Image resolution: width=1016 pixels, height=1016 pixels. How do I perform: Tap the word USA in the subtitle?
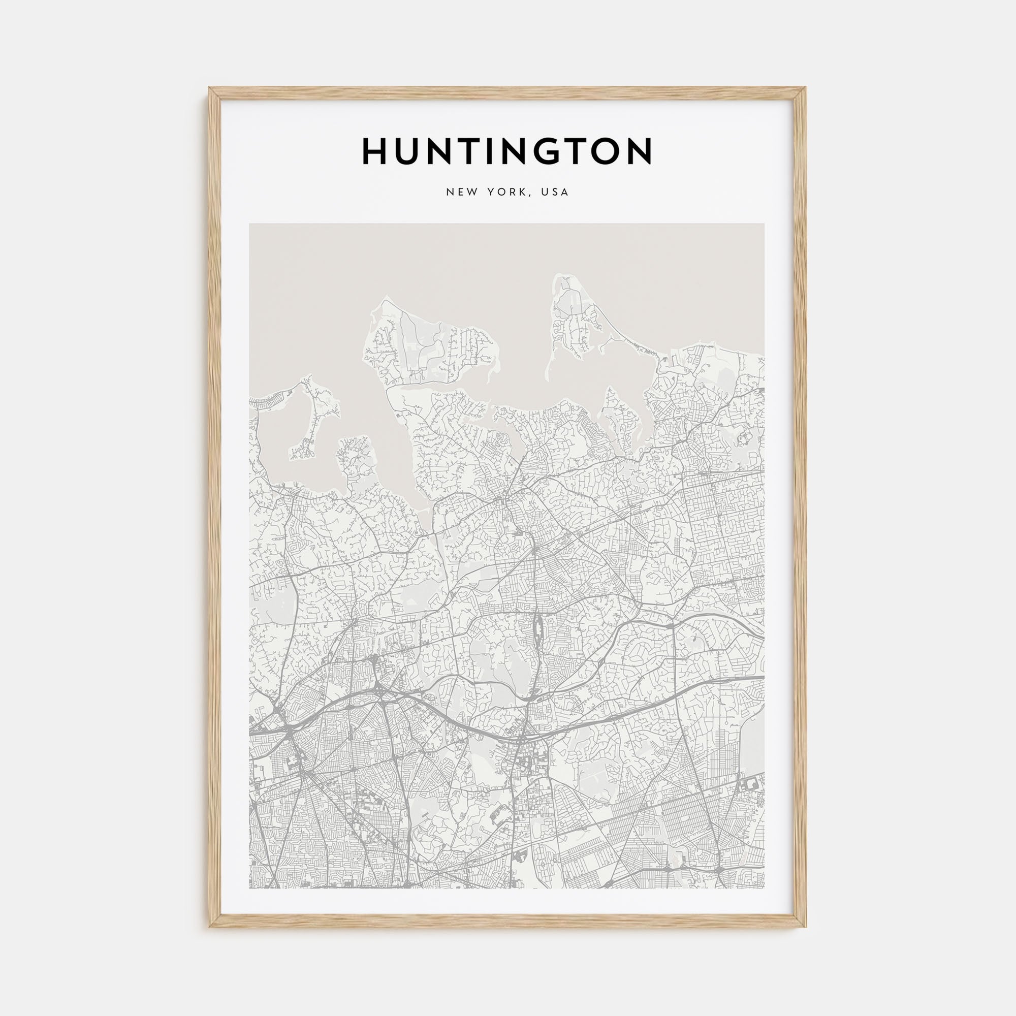tap(557, 192)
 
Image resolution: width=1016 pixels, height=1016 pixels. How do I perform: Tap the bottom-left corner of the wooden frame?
tap(209, 927)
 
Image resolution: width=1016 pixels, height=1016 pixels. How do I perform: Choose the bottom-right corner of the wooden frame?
tap(806, 927)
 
